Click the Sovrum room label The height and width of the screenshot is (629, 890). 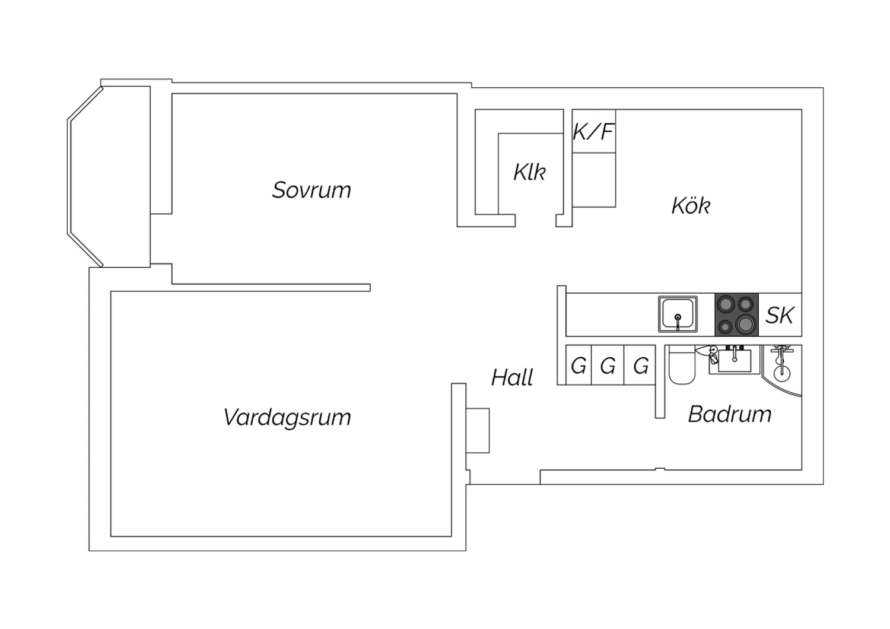[311, 190]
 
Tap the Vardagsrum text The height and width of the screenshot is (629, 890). [287, 418]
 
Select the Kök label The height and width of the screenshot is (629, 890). [691, 205]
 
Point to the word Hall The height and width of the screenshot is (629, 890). [511, 377]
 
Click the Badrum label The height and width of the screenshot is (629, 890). [729, 414]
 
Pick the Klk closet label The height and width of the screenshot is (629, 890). [530, 172]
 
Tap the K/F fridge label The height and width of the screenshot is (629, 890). [593, 132]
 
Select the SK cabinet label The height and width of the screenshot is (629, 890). [780, 315]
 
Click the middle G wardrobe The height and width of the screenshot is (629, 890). [608, 365]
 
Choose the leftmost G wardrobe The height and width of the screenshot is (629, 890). [578, 365]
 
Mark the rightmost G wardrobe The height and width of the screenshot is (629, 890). [640, 365]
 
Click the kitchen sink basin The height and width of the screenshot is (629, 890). [678, 314]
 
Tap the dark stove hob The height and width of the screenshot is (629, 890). [737, 314]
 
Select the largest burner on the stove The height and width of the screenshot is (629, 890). [745, 325]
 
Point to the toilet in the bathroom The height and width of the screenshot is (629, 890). [682, 365]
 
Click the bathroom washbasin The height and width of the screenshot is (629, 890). [735, 360]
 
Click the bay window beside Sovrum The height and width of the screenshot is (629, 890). [85, 176]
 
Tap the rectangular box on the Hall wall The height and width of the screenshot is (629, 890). [478, 430]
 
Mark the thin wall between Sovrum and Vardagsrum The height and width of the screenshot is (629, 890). [271, 288]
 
